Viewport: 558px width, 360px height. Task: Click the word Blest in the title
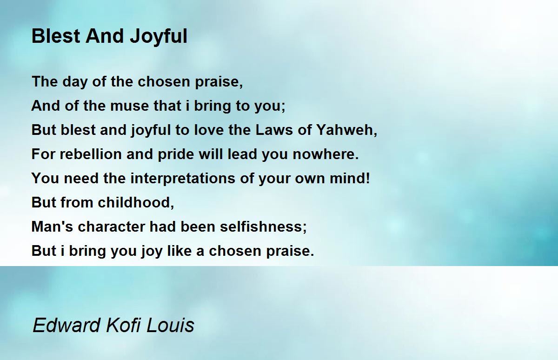click(x=55, y=36)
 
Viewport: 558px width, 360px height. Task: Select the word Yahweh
click(x=347, y=130)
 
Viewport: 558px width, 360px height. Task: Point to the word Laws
click(x=274, y=130)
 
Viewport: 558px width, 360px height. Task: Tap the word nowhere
click(x=325, y=154)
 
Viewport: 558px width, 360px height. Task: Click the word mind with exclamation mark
click(x=350, y=178)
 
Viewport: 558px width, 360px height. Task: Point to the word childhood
click(x=136, y=202)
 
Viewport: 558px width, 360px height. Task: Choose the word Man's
click(x=52, y=227)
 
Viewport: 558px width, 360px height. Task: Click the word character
click(x=111, y=227)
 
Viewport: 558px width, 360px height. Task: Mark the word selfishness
click(x=263, y=227)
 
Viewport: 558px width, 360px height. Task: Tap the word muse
click(x=129, y=106)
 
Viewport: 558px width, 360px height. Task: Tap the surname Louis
click(x=170, y=325)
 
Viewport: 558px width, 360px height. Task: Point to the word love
click(x=209, y=130)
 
